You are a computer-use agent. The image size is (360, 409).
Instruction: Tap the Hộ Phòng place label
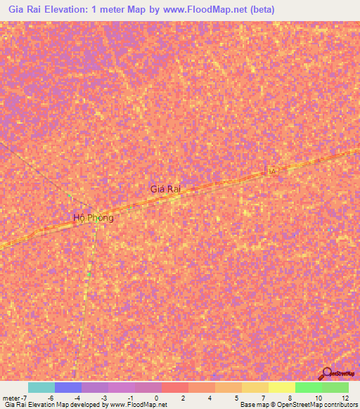click(94, 218)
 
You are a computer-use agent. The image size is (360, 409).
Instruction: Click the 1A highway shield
click(271, 171)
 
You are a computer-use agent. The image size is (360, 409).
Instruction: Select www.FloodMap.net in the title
click(208, 11)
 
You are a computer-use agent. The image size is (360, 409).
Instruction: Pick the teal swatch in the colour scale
click(41, 387)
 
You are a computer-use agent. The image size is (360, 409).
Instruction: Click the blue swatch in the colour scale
click(67, 387)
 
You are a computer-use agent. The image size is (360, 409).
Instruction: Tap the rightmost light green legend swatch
click(335, 387)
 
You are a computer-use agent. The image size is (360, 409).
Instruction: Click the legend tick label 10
click(319, 397)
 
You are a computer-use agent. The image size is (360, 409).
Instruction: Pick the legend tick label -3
click(103, 397)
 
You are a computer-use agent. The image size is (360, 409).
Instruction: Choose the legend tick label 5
click(237, 397)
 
